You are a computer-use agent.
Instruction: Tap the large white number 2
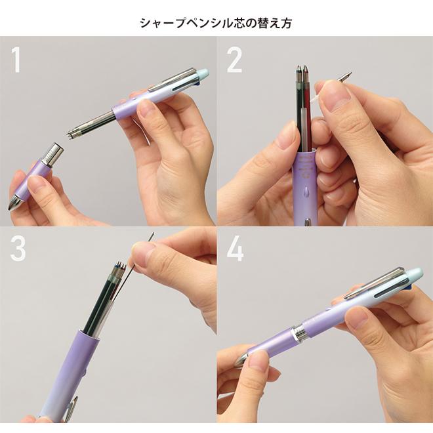(234, 60)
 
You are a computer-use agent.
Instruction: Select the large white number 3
(17, 247)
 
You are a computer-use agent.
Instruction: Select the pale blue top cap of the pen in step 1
(203, 75)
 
